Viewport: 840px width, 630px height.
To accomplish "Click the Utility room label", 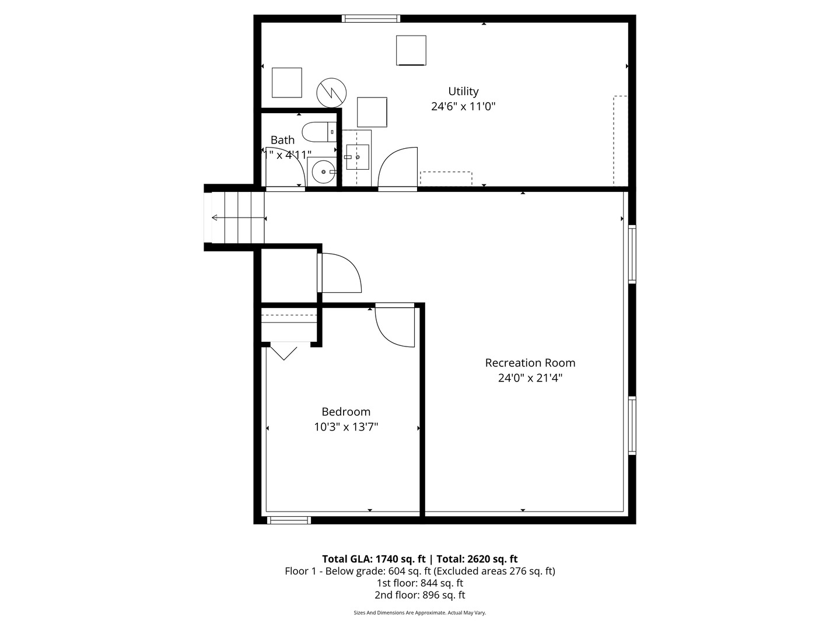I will tap(463, 92).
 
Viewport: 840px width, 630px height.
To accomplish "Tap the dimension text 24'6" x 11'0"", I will tap(463, 107).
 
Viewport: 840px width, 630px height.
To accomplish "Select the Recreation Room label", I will tap(530, 363).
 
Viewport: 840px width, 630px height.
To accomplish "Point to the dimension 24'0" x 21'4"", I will tap(530, 378).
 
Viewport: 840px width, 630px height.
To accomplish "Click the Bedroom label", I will tap(346, 412).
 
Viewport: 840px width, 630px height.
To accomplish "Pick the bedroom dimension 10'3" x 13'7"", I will tap(346, 427).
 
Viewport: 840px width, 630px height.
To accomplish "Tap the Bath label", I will tap(282, 140).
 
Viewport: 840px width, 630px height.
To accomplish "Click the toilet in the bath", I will tap(318, 132).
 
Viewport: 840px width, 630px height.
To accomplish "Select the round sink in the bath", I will tap(322, 172).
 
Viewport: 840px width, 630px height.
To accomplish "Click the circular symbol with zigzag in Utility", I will tap(331, 92).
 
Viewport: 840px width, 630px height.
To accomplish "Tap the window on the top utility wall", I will tap(371, 19).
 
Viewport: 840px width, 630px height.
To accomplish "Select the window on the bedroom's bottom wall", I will tap(289, 520).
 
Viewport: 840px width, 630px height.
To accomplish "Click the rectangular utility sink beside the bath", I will tap(357, 157).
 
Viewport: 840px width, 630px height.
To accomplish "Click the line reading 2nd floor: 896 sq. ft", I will tap(419, 595).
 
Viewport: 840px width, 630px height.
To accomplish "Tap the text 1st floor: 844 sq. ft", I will tap(419, 583).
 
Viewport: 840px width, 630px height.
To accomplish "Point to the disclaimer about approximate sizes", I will tap(419, 613).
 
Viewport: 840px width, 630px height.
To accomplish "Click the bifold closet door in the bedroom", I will tap(283, 352).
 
